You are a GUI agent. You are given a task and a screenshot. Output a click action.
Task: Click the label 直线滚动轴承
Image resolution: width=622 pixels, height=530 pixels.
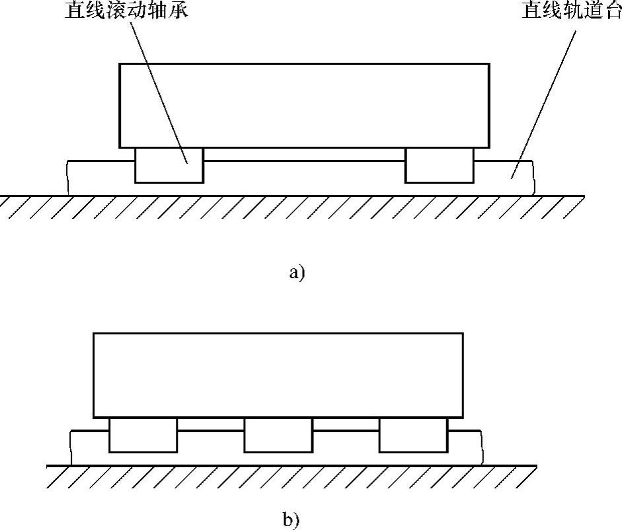pos(125,11)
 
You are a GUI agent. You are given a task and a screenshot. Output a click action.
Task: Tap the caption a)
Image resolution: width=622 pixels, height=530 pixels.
pos(297,272)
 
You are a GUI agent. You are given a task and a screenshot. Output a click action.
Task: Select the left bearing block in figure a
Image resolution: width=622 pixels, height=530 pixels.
pos(169,165)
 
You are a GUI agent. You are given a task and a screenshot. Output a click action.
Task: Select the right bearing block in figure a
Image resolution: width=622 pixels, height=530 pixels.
pos(440,165)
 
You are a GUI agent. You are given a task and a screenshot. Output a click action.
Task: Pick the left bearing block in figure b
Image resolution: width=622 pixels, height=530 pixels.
pos(143,435)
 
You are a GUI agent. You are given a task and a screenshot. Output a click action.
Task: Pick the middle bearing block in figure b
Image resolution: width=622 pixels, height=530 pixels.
pos(278,435)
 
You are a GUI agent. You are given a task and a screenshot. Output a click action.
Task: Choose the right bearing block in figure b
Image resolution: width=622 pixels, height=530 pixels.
pos(412,435)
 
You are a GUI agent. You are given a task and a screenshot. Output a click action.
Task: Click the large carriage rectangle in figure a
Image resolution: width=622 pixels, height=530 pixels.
pos(304,106)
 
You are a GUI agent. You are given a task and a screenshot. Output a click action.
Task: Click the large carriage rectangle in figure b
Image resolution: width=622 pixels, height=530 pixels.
pos(278,375)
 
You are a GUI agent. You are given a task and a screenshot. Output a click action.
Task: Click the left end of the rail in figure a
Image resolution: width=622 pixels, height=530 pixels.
pos(68,177)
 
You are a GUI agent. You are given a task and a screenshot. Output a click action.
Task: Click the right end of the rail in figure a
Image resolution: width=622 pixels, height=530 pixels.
pos(532,177)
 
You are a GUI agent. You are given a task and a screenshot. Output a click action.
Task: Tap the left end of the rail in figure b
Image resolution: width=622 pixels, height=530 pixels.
pos(71,447)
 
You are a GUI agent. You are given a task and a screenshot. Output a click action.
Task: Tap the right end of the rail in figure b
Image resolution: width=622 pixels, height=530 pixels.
pos(481,447)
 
